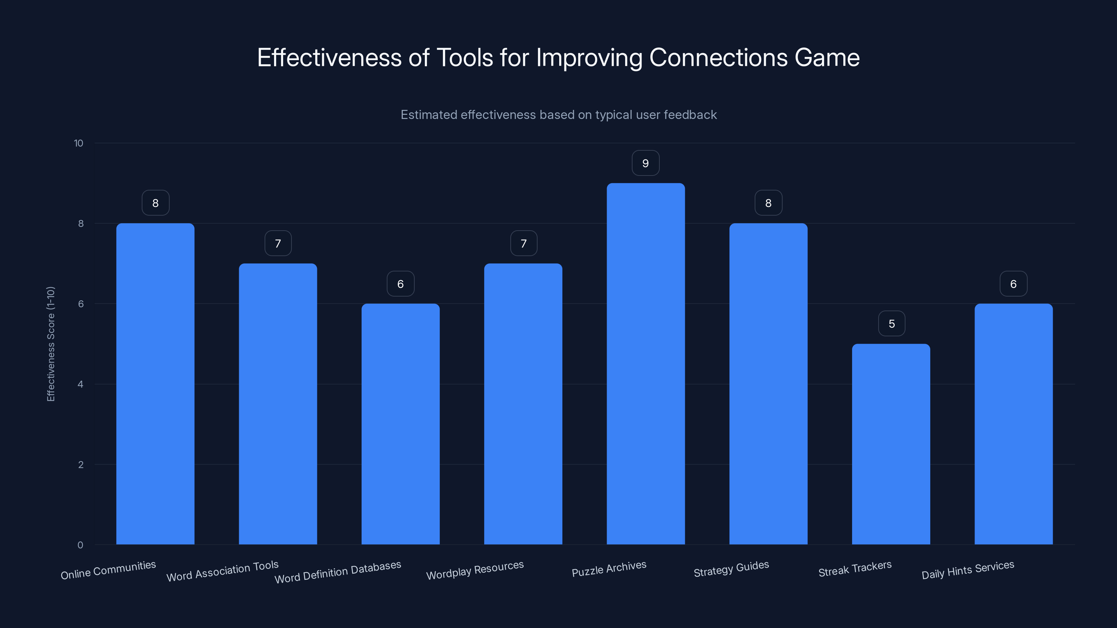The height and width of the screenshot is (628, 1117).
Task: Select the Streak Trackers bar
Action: click(891, 444)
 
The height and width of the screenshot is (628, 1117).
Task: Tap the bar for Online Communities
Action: click(155, 383)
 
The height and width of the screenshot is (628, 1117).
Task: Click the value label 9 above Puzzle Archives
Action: click(645, 163)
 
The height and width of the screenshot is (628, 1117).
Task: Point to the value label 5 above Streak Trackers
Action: click(892, 324)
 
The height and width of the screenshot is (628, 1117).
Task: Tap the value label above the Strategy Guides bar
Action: click(768, 203)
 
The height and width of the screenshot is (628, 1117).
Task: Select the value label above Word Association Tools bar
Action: click(278, 244)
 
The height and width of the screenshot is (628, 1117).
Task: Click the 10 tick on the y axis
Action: click(79, 143)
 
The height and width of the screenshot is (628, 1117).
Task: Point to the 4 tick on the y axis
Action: click(80, 384)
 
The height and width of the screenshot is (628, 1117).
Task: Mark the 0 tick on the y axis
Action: click(80, 545)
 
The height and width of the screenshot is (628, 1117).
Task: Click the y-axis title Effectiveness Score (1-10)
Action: click(51, 344)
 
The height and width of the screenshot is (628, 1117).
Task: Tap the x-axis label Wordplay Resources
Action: click(475, 570)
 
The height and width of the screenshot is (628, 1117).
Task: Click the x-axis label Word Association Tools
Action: click(222, 571)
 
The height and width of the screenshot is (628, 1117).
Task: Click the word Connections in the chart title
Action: click(718, 58)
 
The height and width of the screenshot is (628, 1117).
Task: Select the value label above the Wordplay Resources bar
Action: click(523, 244)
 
